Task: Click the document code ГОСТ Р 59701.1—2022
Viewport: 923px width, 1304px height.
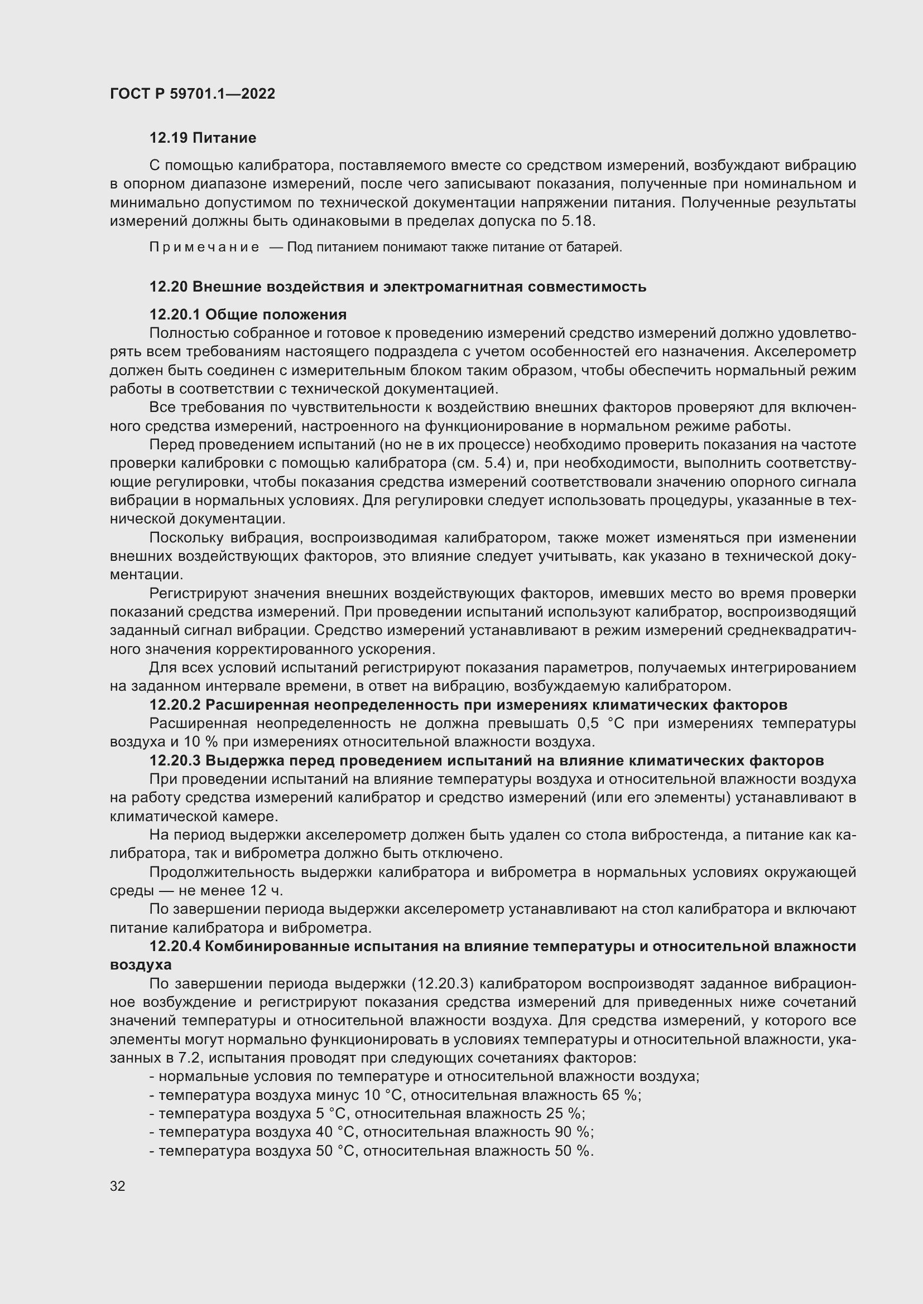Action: click(x=192, y=94)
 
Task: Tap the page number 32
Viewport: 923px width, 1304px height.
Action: click(x=118, y=1186)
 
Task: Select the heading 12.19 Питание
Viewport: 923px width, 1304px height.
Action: click(x=203, y=138)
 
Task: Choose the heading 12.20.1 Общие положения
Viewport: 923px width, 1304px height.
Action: click(x=248, y=314)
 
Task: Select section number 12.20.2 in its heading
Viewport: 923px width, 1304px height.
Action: click(x=175, y=705)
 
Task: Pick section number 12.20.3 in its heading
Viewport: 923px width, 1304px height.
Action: click(x=175, y=760)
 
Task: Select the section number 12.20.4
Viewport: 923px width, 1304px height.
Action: click(x=175, y=946)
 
